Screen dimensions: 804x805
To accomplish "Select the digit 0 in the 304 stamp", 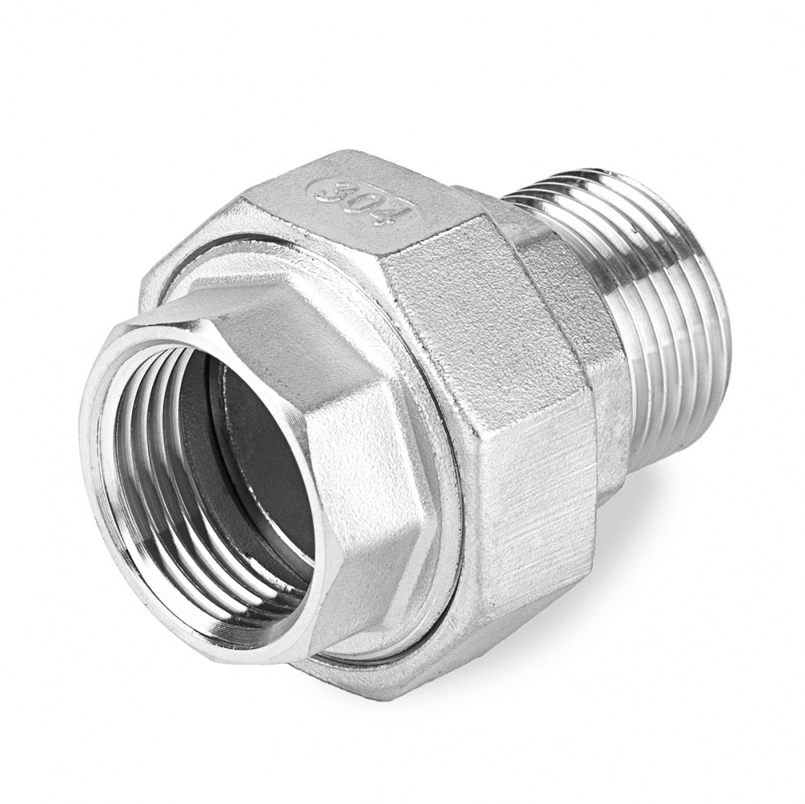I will pos(361,200).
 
